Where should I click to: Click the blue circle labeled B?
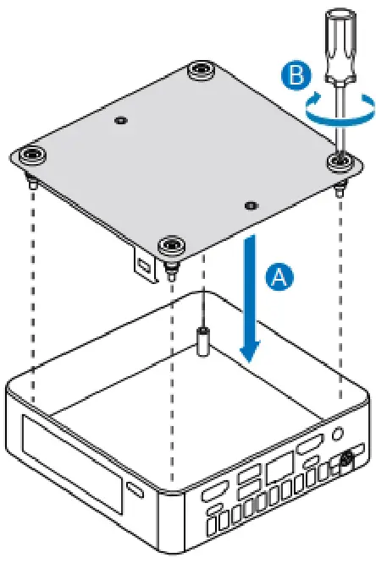click(x=293, y=75)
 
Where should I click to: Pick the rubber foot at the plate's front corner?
click(x=172, y=246)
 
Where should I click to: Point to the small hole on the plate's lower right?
click(x=248, y=205)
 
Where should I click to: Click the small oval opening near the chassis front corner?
click(x=135, y=490)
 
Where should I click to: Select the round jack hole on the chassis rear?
click(x=340, y=432)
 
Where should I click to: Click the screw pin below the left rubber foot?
click(x=32, y=180)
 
